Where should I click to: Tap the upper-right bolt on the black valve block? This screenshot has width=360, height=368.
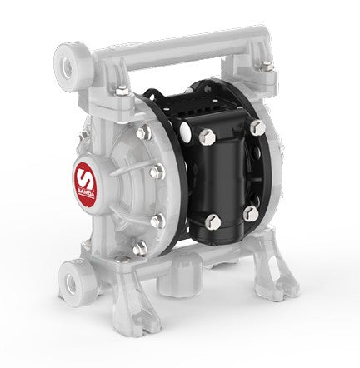[x=257, y=128]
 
